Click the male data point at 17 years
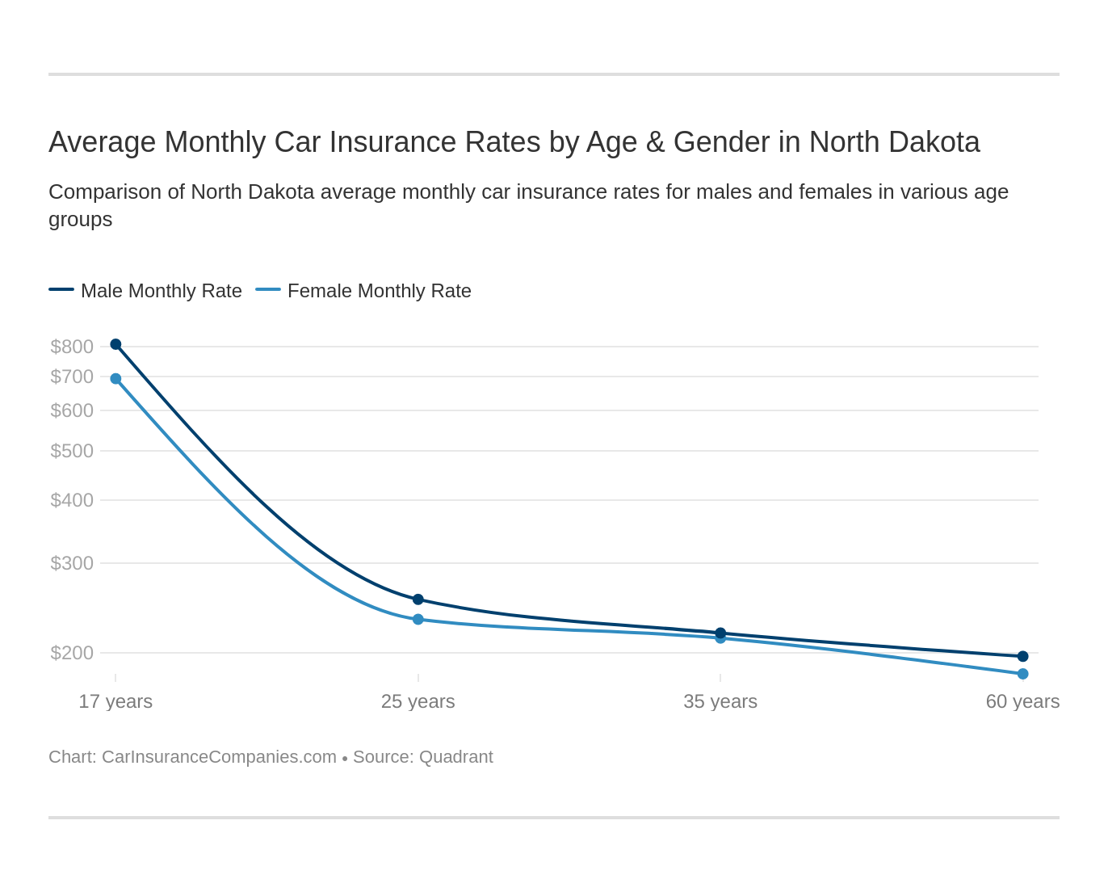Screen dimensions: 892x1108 (x=115, y=344)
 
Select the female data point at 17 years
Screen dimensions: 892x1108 (x=115, y=379)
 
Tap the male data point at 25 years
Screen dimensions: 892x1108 (x=418, y=600)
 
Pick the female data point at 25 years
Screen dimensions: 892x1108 (x=418, y=620)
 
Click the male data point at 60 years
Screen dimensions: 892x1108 (x=1023, y=656)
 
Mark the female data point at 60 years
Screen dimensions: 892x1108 (x=1023, y=674)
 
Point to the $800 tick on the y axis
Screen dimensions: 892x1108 (x=72, y=347)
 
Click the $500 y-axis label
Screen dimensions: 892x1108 (x=72, y=451)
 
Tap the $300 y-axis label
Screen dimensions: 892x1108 (x=72, y=563)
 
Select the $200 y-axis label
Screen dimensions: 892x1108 (x=72, y=653)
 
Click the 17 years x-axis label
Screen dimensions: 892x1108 (x=115, y=701)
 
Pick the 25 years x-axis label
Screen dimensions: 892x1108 (x=418, y=701)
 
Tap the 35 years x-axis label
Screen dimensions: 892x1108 (x=720, y=701)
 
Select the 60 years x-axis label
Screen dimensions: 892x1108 (x=1022, y=701)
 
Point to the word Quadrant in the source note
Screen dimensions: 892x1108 (x=456, y=757)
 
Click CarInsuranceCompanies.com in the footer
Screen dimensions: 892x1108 (x=219, y=757)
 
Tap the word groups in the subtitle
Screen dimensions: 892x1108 (x=80, y=220)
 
